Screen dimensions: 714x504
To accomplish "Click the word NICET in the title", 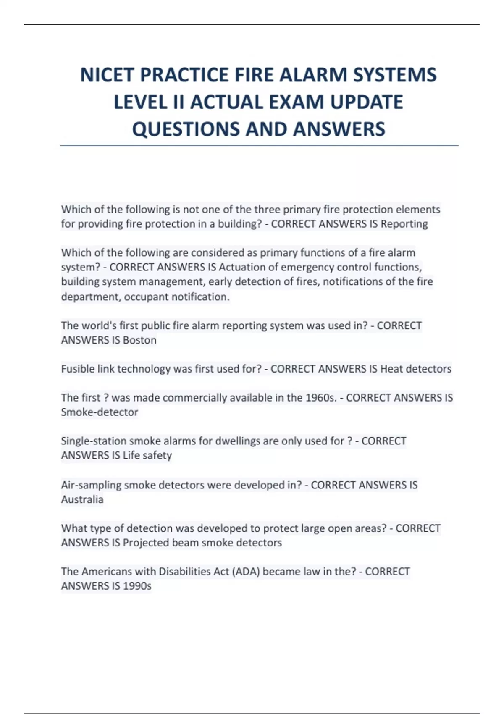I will [x=107, y=75].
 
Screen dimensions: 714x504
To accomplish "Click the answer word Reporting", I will [x=404, y=224].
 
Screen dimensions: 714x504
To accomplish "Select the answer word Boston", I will [x=139, y=340].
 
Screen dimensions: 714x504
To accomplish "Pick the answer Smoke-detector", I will [x=100, y=412].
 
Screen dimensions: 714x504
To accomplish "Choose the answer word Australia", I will [x=82, y=499].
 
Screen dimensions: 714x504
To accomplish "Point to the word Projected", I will [x=145, y=543].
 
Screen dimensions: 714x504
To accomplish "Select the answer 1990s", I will [x=137, y=586].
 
